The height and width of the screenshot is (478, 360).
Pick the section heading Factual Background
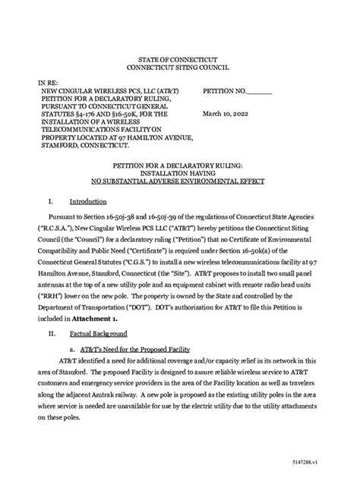click(x=98, y=333)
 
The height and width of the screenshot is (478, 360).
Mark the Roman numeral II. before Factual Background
click(x=52, y=333)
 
